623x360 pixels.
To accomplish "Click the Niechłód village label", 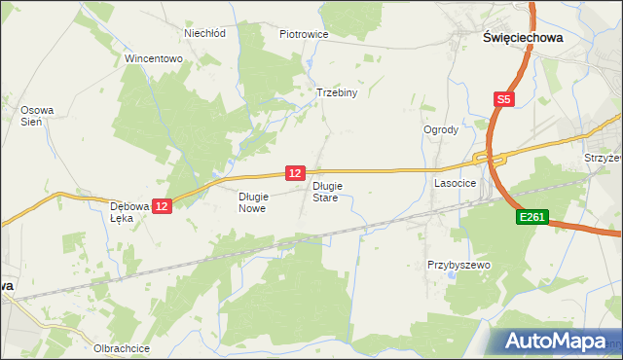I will point(205,32).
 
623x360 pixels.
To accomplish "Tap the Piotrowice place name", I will point(304,34).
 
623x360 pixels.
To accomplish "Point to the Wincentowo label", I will point(154,58).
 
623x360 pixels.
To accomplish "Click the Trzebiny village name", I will point(338,93).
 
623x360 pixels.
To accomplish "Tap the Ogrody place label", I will point(440,129).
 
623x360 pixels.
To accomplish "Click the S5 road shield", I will point(503,99).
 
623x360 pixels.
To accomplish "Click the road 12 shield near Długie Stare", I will point(296,172).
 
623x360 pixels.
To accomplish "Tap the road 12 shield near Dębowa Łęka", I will point(163,206).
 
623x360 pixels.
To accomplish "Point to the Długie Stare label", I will point(325,191).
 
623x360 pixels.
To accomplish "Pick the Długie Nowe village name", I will point(252,201).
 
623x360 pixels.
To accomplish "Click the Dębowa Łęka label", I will point(128,212).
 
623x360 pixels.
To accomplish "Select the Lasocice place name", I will point(455,182).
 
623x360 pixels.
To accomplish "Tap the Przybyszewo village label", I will point(458,265).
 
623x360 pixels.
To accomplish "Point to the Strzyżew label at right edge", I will point(603,157).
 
